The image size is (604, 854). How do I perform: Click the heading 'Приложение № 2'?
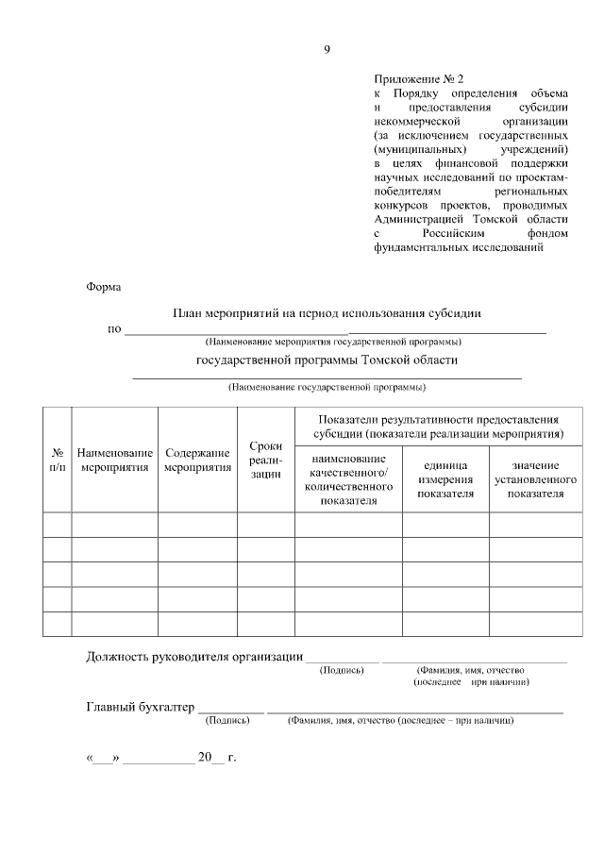[x=420, y=79]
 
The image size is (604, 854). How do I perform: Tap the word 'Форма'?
[x=105, y=286]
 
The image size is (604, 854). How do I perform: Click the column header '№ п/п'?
[x=58, y=460]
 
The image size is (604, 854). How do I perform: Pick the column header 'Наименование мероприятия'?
[x=115, y=460]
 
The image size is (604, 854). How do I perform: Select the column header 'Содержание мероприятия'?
[x=197, y=460]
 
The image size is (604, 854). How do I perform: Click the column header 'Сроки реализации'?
[x=265, y=460]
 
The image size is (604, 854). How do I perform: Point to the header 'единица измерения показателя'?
[x=445, y=479]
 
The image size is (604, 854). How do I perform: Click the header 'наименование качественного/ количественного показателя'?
[x=348, y=479]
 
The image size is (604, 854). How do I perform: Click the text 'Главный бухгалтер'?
[x=140, y=706]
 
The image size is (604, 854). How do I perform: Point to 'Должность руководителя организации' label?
[x=194, y=656]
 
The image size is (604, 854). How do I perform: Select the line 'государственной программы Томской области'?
[x=327, y=360]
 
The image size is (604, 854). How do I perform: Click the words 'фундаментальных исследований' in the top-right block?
[x=459, y=247]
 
